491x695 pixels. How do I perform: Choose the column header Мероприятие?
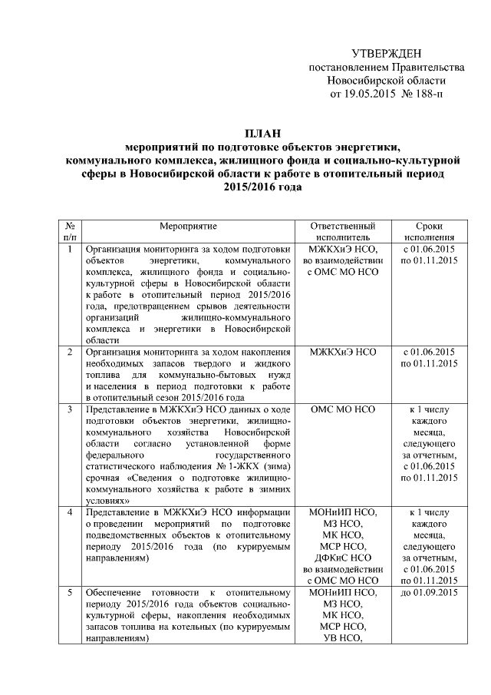pyautogui.click(x=189, y=227)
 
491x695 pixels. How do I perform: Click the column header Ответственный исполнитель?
pyautogui.click(x=342, y=232)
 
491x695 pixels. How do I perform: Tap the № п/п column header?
pyautogui.click(x=70, y=232)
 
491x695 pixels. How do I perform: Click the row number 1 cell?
pyautogui.click(x=70, y=249)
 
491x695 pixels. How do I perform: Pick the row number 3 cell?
pyautogui.click(x=70, y=410)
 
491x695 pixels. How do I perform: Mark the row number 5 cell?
pyautogui.click(x=70, y=592)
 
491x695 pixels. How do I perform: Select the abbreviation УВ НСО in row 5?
pyautogui.click(x=342, y=637)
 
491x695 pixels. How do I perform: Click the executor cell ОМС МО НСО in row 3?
pyautogui.click(x=342, y=410)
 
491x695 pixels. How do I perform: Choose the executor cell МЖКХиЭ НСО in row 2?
pyautogui.click(x=342, y=352)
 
